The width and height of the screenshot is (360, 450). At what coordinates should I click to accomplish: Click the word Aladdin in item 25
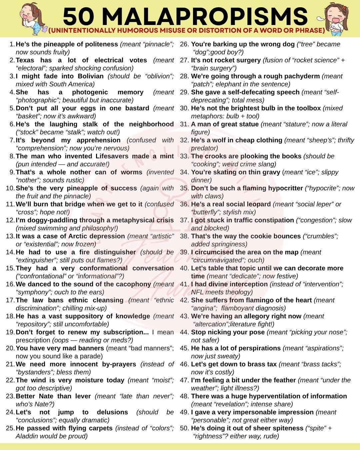pyautogui.click(x=27, y=436)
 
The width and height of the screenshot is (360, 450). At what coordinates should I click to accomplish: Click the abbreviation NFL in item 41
pyautogui.click(x=197, y=292)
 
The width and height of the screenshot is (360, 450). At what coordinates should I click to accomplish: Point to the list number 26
pyautogui.click(x=184, y=44)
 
